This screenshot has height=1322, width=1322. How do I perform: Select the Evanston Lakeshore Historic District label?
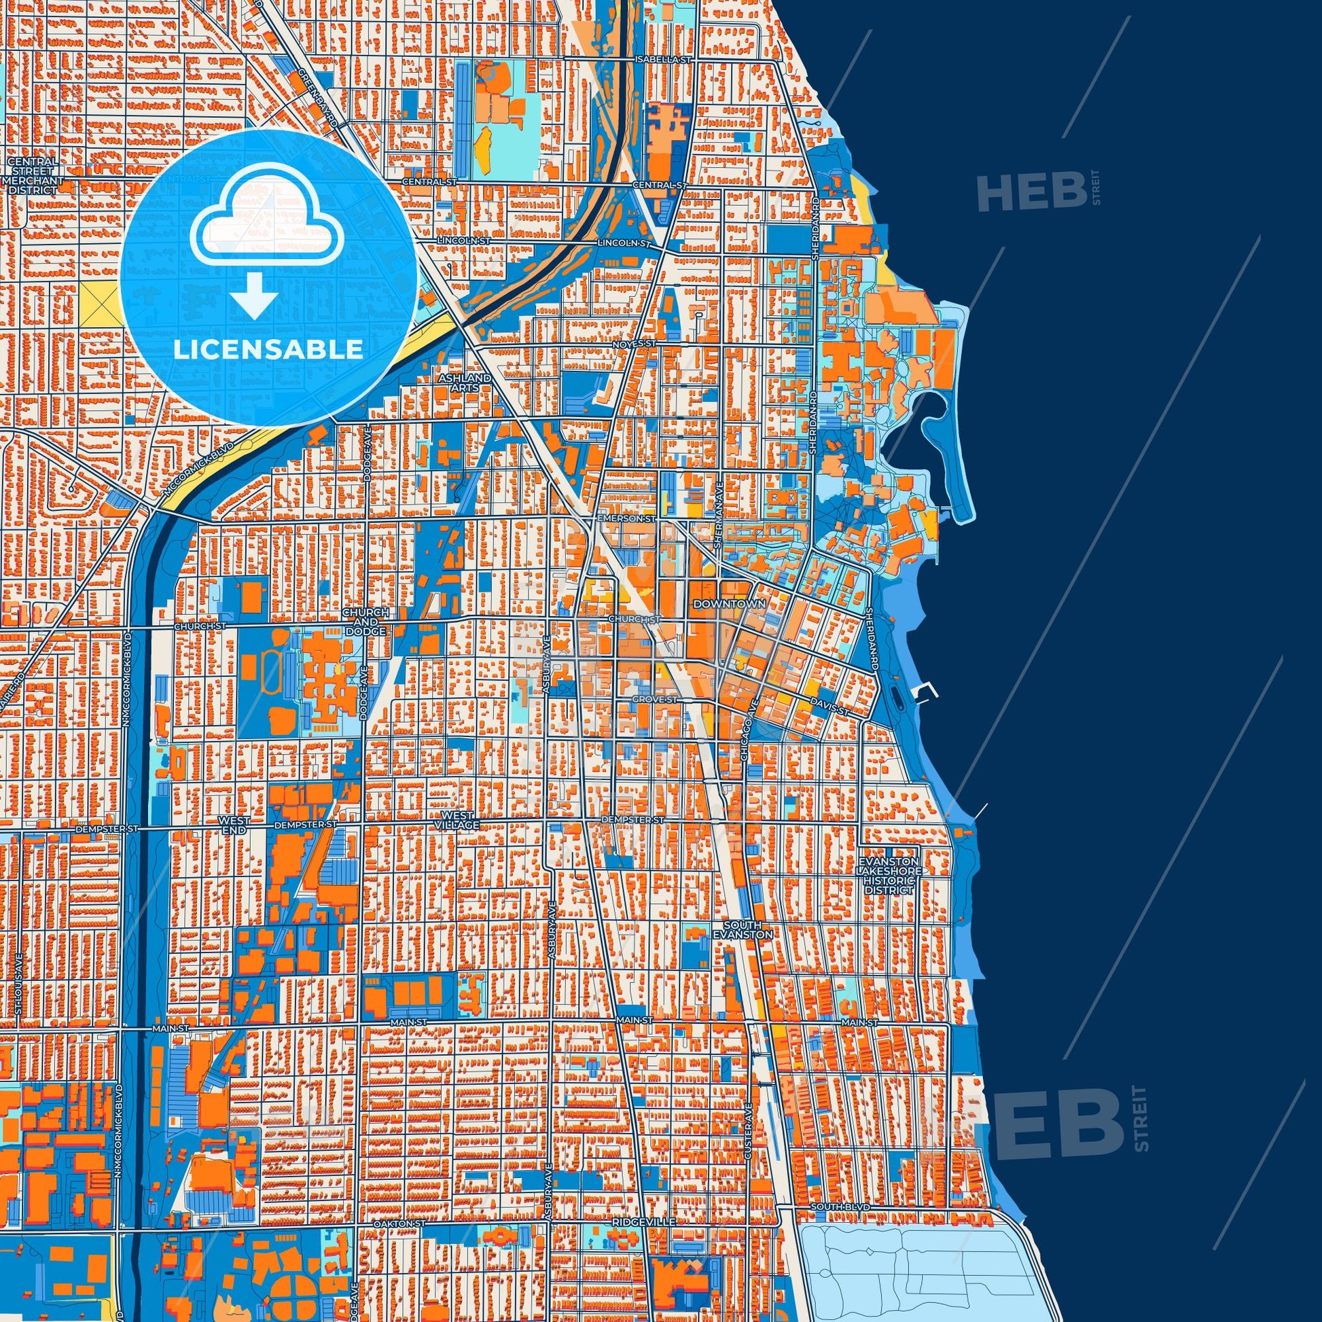pyautogui.click(x=888, y=876)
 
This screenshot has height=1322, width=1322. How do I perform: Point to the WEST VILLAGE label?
pyautogui.click(x=458, y=821)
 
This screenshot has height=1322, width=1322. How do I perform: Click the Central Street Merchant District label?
pyautogui.click(x=33, y=176)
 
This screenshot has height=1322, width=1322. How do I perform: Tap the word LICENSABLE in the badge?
pyautogui.click(x=268, y=350)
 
